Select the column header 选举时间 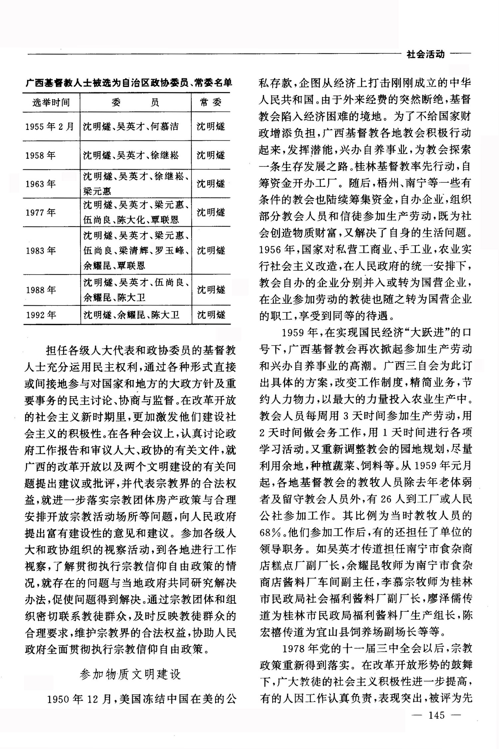point(51,102)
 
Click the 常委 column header point(211,102)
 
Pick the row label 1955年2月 point(50,126)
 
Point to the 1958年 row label point(40,155)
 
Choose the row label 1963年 point(40,184)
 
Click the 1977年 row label point(40,213)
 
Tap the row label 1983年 point(40,251)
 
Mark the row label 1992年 point(41,315)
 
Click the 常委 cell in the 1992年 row point(211,315)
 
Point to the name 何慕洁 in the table point(165,126)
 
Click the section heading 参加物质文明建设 point(130,674)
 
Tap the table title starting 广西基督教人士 point(128,83)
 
